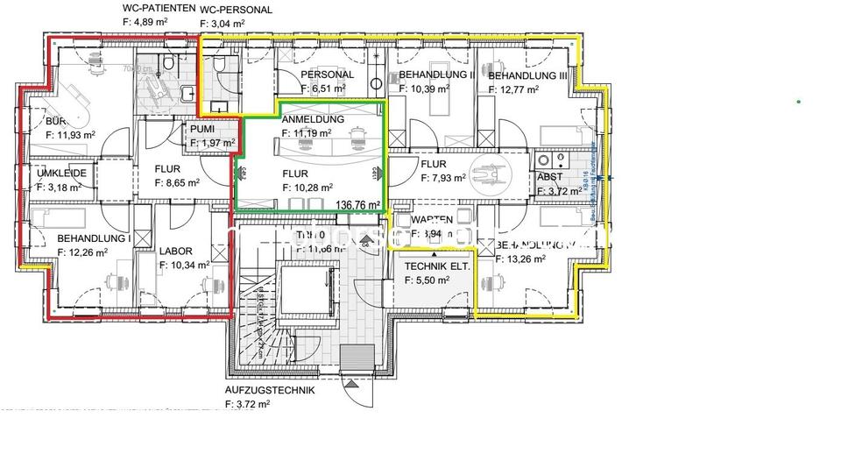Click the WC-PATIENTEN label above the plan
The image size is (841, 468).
click(x=159, y=9)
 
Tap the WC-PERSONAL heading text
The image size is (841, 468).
click(x=236, y=10)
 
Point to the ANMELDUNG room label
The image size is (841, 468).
click(x=313, y=119)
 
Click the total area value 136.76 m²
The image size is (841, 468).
click(x=358, y=205)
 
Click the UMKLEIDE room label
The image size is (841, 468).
click(x=61, y=174)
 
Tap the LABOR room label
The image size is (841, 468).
click(x=175, y=251)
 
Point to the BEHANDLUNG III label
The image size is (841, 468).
click(x=528, y=75)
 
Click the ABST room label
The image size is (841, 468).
click(x=550, y=176)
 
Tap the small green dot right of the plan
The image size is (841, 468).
click(x=798, y=102)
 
